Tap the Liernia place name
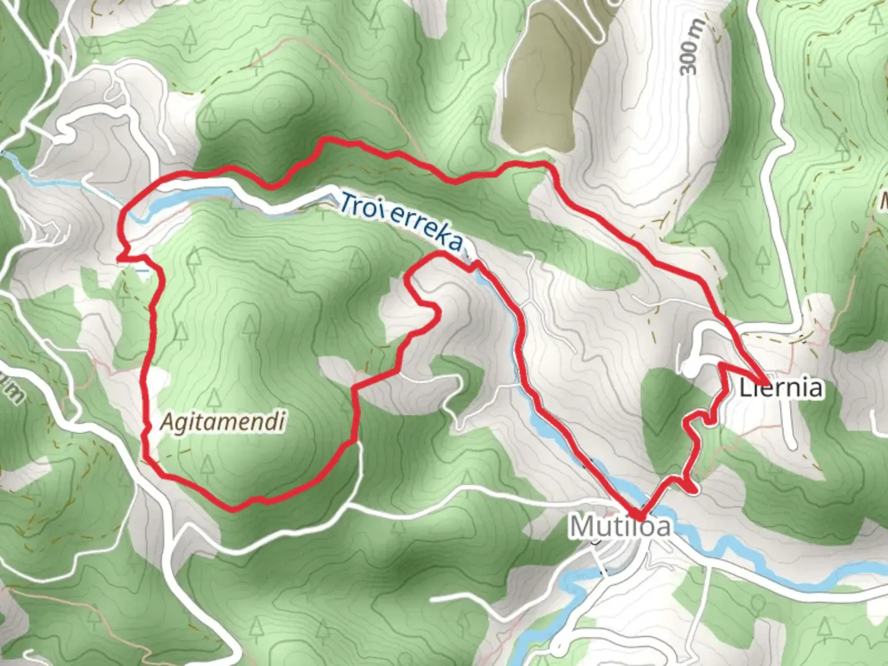tap(781, 388)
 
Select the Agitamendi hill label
tap(223, 422)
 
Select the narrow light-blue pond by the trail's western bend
tap(185, 200)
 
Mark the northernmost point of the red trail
tap(324, 140)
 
